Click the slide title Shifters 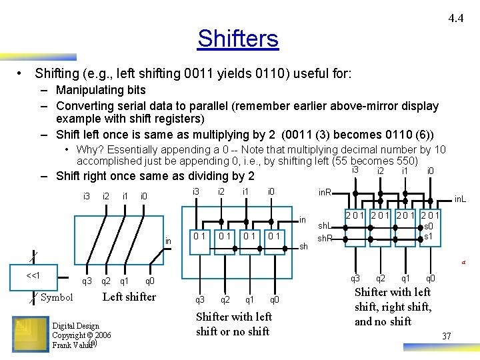pyautogui.click(x=237, y=39)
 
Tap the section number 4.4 pyautogui.click(x=456, y=18)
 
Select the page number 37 pyautogui.click(x=446, y=336)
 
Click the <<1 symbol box pyautogui.click(x=33, y=276)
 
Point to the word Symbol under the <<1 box pyautogui.click(x=57, y=297)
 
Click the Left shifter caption pyautogui.click(x=129, y=297)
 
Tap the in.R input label pyautogui.click(x=325, y=193)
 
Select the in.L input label pyautogui.click(x=461, y=199)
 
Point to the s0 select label pyautogui.click(x=429, y=227)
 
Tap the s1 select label pyautogui.click(x=429, y=237)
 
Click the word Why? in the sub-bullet pyautogui.click(x=90, y=150)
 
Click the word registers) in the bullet pyautogui.click(x=177, y=119)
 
